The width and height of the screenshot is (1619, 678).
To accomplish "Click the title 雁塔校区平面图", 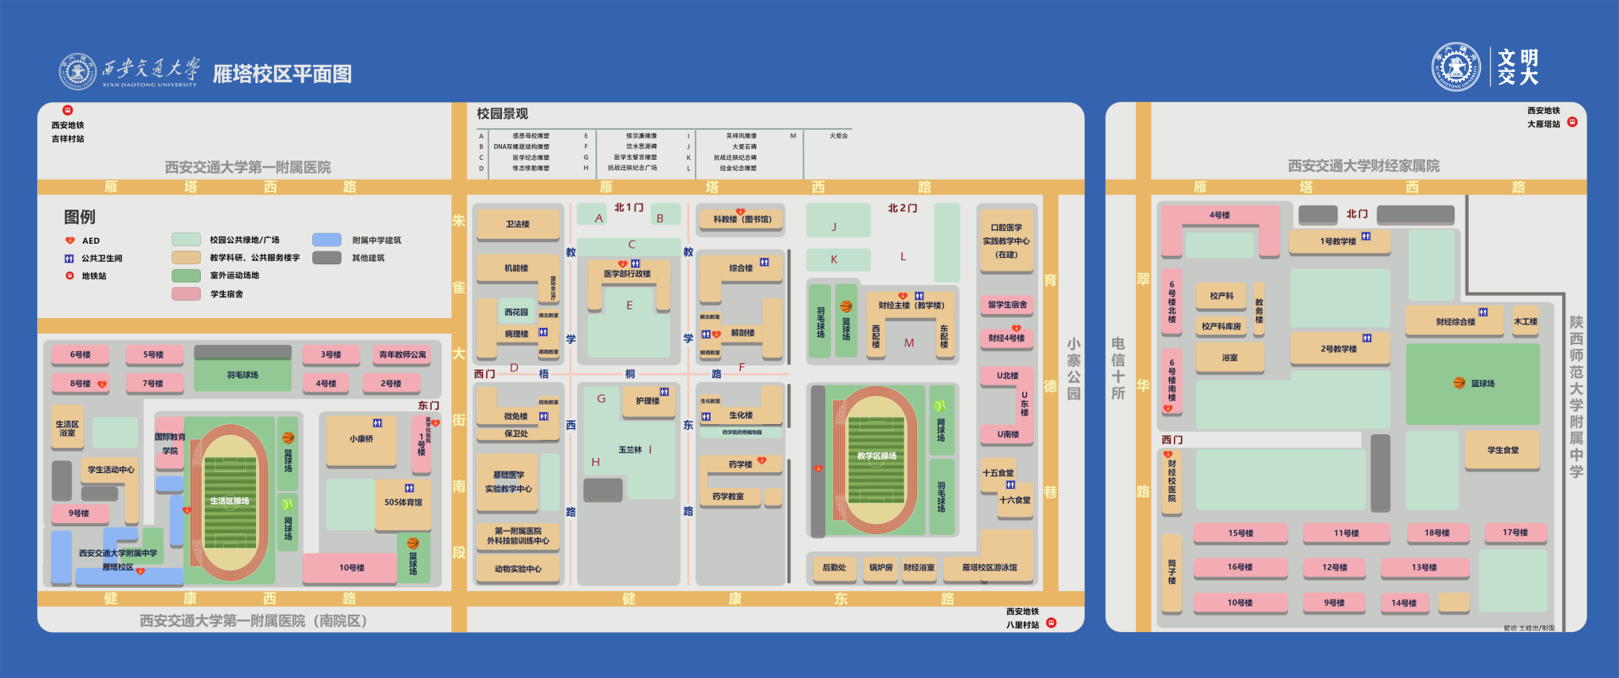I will pos(282,74).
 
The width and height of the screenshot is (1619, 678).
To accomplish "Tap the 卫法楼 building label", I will pos(518,225).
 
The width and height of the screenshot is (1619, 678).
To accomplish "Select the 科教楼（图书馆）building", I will pos(742,220).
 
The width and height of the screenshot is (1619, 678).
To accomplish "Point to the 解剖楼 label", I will pos(742,333).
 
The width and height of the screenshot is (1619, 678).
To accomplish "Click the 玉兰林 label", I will pos(630,449).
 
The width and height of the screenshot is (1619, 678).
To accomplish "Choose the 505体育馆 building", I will pos(403,502).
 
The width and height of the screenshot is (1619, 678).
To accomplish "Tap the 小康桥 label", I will pos(361,438).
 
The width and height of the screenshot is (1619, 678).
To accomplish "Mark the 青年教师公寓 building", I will pos(402,354).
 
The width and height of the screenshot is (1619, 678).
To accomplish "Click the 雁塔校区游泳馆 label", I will pos(990,567).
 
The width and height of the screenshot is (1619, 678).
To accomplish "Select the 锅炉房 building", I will pos(881,567).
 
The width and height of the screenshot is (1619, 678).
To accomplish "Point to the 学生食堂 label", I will pos(1503,450).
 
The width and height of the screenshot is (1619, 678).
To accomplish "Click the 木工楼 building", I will pos(1526,321).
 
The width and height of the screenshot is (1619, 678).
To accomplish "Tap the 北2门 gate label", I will pos(902,208).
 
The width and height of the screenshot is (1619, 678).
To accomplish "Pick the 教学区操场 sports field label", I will pos(877,456).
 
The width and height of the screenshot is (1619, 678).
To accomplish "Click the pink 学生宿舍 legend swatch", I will pos(186,294).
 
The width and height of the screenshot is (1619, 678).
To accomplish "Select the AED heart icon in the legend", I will pos(70,241).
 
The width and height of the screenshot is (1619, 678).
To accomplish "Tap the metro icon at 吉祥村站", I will pos(68,111).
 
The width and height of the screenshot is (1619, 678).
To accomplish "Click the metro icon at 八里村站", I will pos(1051,623).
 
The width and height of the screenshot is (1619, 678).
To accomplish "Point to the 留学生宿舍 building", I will pos(1007,305).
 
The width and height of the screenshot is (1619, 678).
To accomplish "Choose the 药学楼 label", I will pos(741,464).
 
